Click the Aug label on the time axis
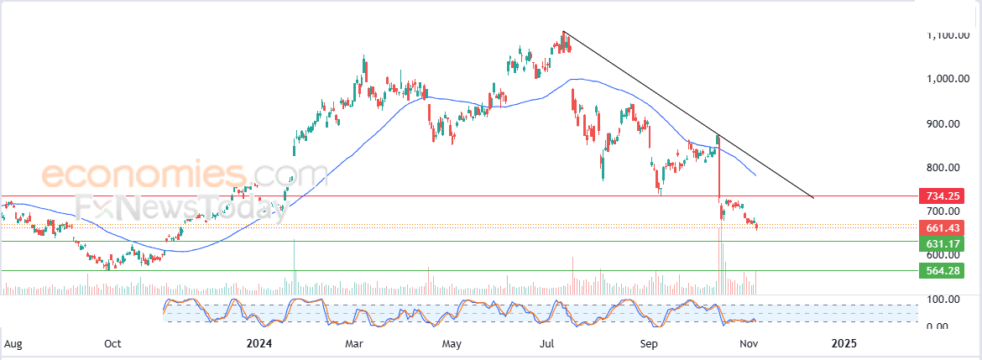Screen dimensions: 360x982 pyautogui.click(x=13, y=343)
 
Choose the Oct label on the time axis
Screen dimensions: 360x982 pyautogui.click(x=112, y=343)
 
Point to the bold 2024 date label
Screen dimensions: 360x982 pyautogui.click(x=260, y=343)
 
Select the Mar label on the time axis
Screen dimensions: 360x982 pyautogui.click(x=353, y=343)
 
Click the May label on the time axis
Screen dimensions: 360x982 pyautogui.click(x=452, y=343)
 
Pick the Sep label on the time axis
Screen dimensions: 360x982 pyautogui.click(x=648, y=343)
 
